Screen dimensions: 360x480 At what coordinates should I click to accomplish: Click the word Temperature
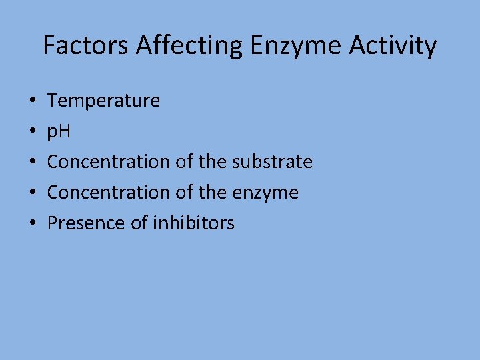click(103, 101)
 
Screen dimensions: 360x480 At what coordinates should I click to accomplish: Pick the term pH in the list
click(59, 131)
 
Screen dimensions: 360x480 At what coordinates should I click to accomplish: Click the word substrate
click(273, 162)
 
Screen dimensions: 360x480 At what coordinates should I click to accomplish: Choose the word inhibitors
click(194, 223)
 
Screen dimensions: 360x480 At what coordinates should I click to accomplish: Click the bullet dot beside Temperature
click(33, 101)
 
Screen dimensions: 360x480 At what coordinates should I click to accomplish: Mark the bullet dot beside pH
click(33, 132)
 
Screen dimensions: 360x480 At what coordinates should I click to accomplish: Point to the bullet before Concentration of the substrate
click(33, 163)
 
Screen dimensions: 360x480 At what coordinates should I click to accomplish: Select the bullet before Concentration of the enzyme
click(33, 193)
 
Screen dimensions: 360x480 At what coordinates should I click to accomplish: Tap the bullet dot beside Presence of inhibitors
click(33, 223)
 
